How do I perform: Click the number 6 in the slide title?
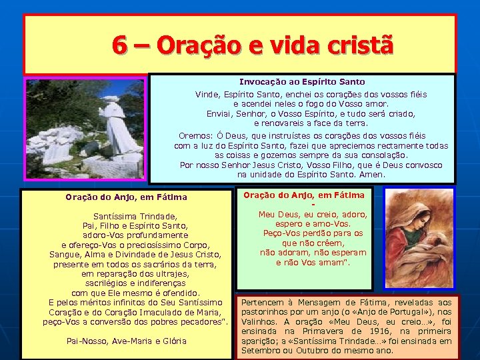point(120,45)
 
